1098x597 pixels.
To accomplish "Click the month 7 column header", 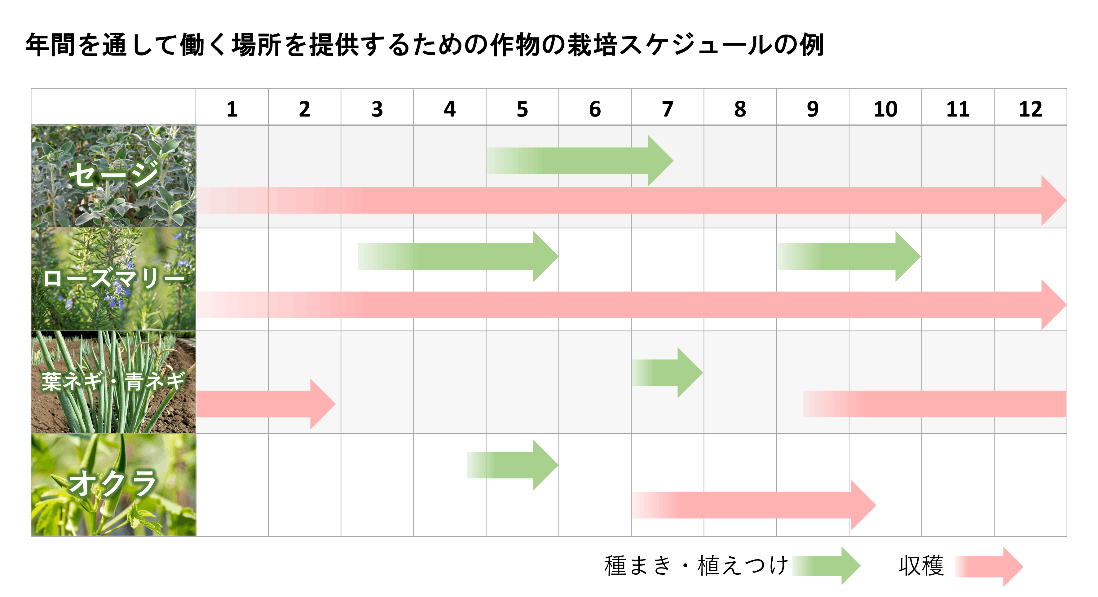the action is pos(668,109).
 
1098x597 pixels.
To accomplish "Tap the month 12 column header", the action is pos(1030,109).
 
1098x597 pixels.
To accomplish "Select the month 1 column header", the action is pos(232,109).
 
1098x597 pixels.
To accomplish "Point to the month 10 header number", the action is pos(885,109).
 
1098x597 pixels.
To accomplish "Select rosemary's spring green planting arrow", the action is pos(458,256).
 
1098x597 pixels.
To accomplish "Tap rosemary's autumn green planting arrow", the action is pos(849,256).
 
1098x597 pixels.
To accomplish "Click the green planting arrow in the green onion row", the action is pos(667,373).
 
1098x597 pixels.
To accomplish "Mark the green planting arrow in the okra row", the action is pos(513,465).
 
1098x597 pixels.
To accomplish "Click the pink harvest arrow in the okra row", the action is pos(754,505).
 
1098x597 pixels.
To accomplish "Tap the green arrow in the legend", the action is pos(827,566).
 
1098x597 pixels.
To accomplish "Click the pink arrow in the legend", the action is pos(989,566).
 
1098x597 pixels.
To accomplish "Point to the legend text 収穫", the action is pos(921,566).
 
